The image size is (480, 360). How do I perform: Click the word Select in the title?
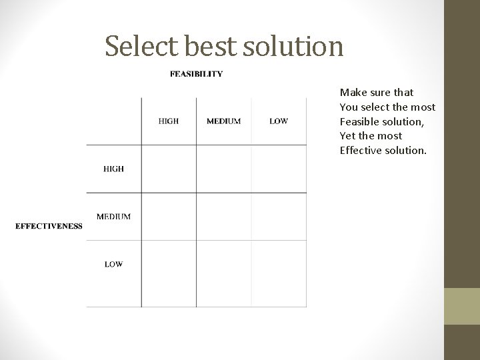[x=136, y=46]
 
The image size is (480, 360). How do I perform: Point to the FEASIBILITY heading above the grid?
[x=197, y=74]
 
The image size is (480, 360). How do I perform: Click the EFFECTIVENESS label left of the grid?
[x=49, y=226]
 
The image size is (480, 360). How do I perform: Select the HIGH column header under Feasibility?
[x=169, y=121]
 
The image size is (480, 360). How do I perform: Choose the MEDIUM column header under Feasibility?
[x=224, y=121]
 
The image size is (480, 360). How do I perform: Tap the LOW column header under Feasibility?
[x=279, y=121]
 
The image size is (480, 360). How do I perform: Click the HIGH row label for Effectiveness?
[x=113, y=169]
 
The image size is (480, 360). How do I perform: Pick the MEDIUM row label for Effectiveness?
[x=113, y=217]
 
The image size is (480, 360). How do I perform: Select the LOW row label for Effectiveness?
[x=113, y=264]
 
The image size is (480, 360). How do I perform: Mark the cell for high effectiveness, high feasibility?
[x=169, y=169]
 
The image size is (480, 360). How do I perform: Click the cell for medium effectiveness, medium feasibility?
[x=224, y=217]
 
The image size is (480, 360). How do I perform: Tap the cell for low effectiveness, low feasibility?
[x=279, y=273]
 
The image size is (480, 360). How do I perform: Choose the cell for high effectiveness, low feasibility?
[x=279, y=169]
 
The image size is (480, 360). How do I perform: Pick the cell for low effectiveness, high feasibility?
[x=169, y=273]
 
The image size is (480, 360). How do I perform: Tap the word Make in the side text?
[x=352, y=93]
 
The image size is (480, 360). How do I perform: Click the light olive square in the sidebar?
[x=462, y=306]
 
